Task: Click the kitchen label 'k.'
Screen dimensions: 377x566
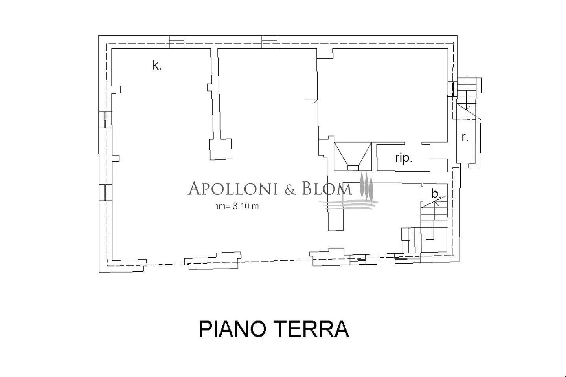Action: click(x=157, y=66)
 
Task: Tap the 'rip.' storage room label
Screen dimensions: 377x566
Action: click(x=404, y=158)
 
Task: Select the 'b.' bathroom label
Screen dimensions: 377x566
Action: click(x=435, y=193)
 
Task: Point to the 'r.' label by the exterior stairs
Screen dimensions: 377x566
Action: click(x=465, y=138)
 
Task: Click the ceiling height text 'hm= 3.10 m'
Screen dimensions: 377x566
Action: click(x=236, y=206)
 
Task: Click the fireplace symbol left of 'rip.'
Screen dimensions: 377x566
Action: click(x=353, y=156)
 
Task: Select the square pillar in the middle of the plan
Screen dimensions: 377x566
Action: click(x=221, y=149)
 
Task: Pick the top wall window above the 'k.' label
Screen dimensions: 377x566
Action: click(x=176, y=42)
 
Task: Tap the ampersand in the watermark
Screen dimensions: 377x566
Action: click(x=289, y=189)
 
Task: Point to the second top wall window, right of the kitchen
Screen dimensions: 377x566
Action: click(x=269, y=42)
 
